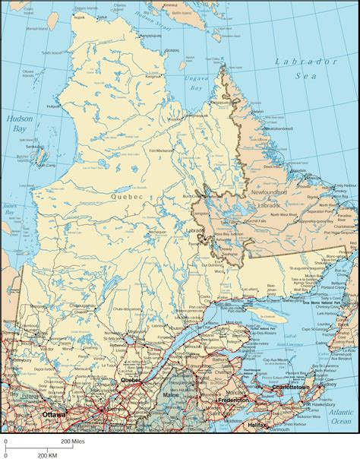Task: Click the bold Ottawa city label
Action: coord(54,414)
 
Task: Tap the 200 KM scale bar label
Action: coord(49,454)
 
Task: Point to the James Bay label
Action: coord(10,208)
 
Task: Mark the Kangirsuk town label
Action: coord(154,76)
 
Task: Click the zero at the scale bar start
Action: coord(5,441)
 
